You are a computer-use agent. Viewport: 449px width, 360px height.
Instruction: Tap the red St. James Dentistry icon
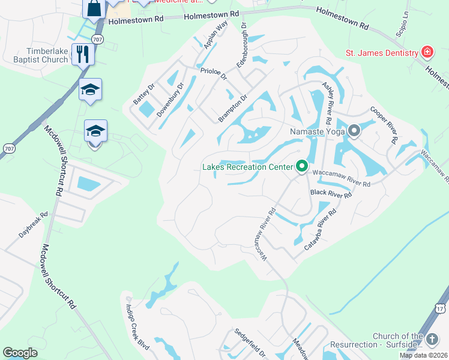[x=427, y=52]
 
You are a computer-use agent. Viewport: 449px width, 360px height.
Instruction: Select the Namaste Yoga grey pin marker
[x=354, y=130]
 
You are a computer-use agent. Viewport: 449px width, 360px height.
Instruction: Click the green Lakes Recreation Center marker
[x=301, y=166]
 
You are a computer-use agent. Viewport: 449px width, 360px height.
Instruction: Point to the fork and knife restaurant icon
[x=83, y=54]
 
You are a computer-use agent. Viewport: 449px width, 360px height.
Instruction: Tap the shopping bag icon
[x=94, y=8]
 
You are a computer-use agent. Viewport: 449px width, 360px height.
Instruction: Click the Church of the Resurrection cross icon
[x=432, y=340]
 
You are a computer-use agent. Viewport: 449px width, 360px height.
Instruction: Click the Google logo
[x=20, y=353]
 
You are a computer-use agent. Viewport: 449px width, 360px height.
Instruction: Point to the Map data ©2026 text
[x=423, y=355]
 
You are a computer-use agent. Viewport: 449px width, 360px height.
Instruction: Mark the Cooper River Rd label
[x=384, y=125]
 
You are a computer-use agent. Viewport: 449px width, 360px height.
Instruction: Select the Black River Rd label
[x=330, y=193]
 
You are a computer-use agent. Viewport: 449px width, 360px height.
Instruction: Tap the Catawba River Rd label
[x=320, y=229]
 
